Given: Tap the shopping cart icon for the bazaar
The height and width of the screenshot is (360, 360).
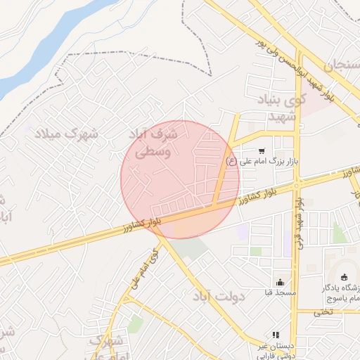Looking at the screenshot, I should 262,150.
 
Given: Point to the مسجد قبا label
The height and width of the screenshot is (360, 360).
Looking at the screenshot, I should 280,292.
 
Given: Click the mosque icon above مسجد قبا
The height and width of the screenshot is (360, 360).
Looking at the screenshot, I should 280,281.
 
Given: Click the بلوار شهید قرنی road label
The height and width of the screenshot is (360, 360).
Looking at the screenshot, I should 297,226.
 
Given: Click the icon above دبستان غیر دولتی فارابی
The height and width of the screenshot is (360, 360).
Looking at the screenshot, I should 276,335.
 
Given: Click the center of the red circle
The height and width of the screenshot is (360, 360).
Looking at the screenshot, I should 180,179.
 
